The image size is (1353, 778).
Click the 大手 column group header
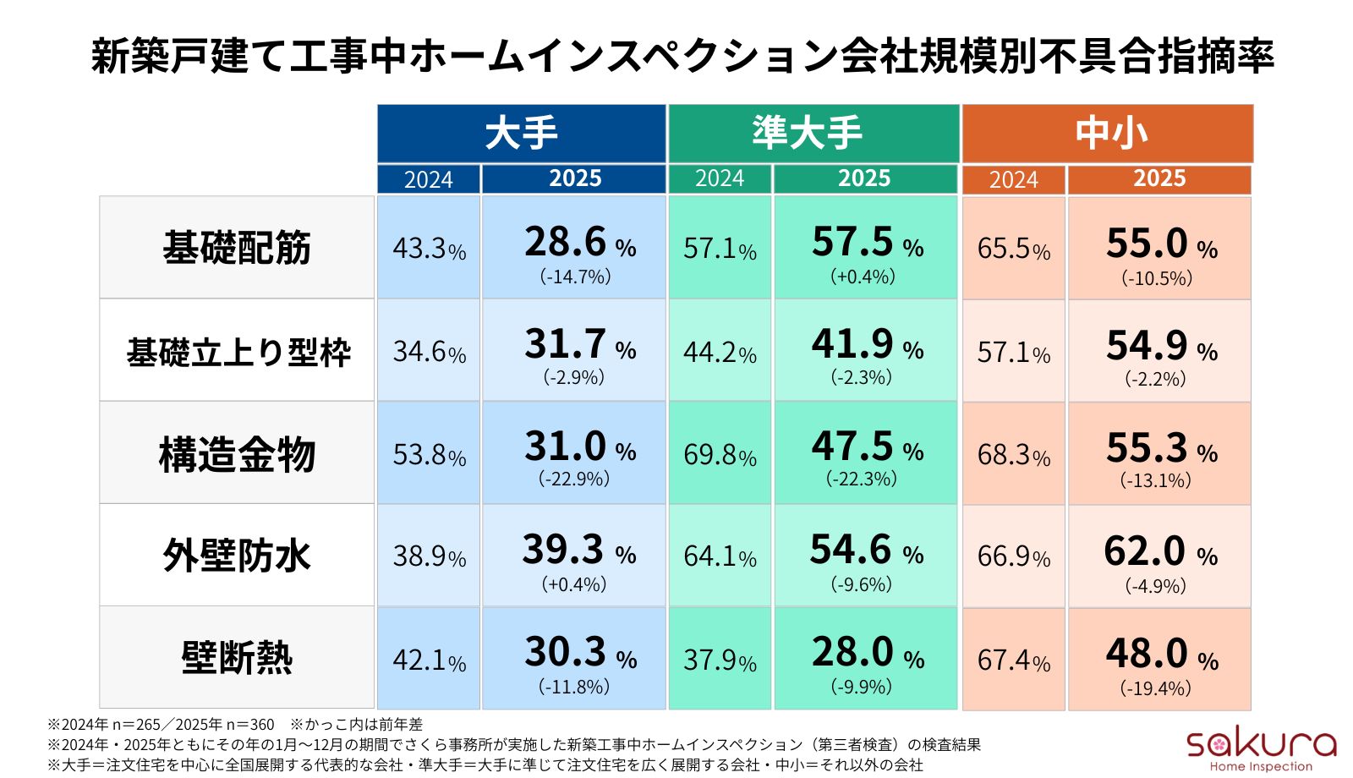pos(521,134)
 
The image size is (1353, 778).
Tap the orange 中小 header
pos(1107,134)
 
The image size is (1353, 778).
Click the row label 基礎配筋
pos(237,248)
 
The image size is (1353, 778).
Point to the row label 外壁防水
pos(237,556)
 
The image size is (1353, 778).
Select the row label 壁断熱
pos(237,658)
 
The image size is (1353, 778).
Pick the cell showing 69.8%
pos(720,455)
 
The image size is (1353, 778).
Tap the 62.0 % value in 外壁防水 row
pos(1159,552)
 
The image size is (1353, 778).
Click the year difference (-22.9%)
pos(574,479)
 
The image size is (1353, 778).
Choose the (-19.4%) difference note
pos(1155,688)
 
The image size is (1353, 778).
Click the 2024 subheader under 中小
pos(1013,179)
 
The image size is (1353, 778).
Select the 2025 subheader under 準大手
pos(864,178)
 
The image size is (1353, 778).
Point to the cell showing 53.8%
pos(429,455)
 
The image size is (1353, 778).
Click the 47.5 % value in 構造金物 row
pos(866,447)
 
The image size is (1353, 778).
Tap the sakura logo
pos(1260,748)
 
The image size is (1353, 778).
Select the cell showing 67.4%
pos(1013,660)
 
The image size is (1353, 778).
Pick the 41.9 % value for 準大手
pos(866,345)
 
